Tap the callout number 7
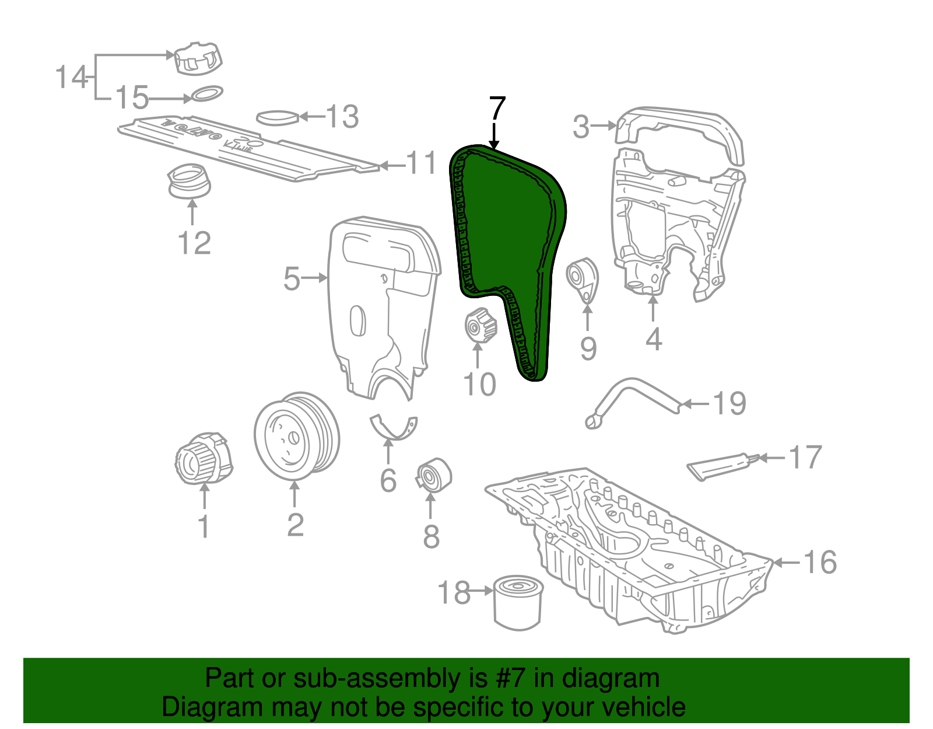click(x=497, y=108)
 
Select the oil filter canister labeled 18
click(x=518, y=603)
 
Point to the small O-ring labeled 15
click(x=207, y=93)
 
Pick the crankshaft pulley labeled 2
click(x=296, y=437)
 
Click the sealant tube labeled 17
click(x=722, y=466)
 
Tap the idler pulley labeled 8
click(x=433, y=476)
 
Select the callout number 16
click(x=820, y=562)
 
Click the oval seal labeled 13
click(x=278, y=118)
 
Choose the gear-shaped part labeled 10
click(x=480, y=325)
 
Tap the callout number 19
click(x=729, y=403)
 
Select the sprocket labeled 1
click(x=204, y=458)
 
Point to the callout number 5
click(x=292, y=278)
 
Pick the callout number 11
click(x=421, y=163)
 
